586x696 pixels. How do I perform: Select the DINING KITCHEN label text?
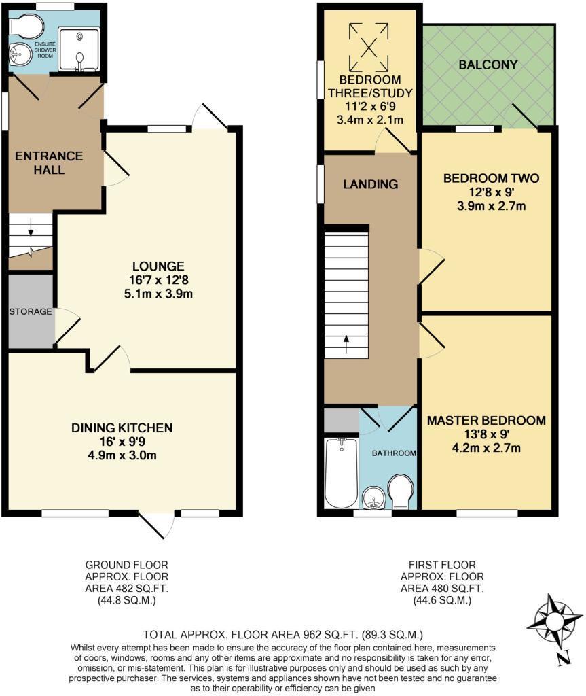click(122, 428)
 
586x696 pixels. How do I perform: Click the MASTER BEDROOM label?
click(486, 421)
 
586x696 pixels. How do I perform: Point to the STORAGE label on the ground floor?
click(31, 311)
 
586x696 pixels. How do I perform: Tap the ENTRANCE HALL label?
click(49, 162)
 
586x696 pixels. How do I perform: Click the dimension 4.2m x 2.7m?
click(486, 448)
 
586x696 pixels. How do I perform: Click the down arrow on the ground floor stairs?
click(30, 234)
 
